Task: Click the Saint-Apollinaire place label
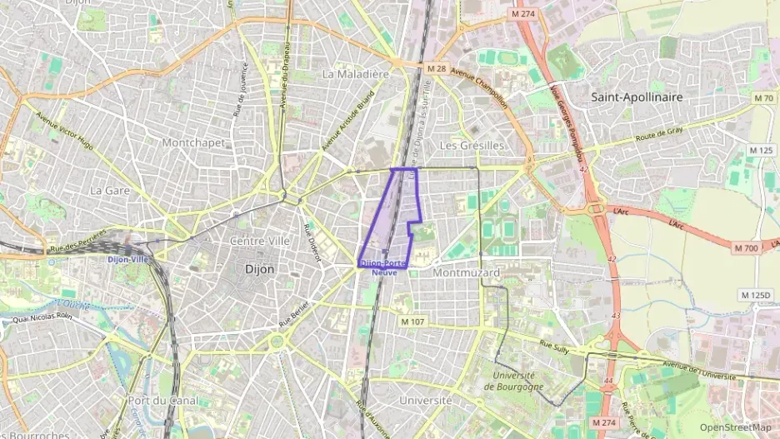(637, 97)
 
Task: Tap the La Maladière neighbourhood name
(355, 74)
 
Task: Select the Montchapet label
(193, 142)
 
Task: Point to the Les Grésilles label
(472, 145)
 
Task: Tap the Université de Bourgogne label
(514, 381)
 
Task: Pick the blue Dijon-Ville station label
(127, 259)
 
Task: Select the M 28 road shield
(437, 67)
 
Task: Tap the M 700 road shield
(746, 248)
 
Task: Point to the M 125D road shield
(756, 295)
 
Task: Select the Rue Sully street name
(554, 347)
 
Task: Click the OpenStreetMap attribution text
(735, 427)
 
